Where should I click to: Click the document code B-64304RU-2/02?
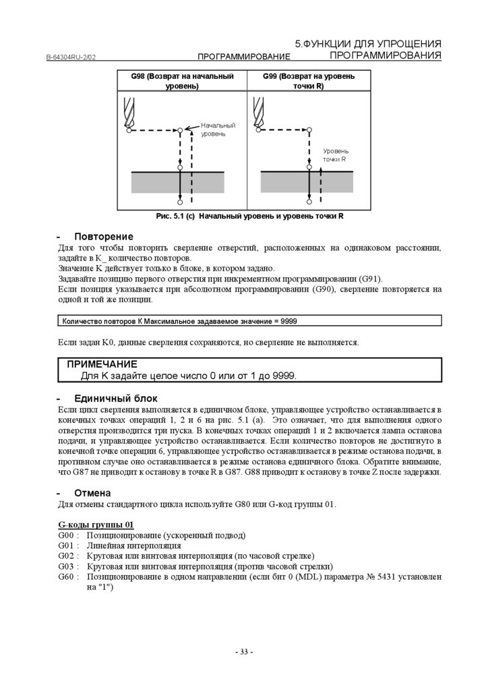71,58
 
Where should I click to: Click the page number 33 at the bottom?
244,652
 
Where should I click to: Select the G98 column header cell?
182,81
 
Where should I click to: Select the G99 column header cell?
309,81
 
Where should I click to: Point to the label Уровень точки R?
335,155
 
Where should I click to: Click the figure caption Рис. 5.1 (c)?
249,216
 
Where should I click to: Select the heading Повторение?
104,237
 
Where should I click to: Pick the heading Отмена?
92,493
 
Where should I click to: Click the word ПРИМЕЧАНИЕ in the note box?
102,364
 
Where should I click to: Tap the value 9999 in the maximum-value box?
288,321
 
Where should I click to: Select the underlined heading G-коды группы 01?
96,524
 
